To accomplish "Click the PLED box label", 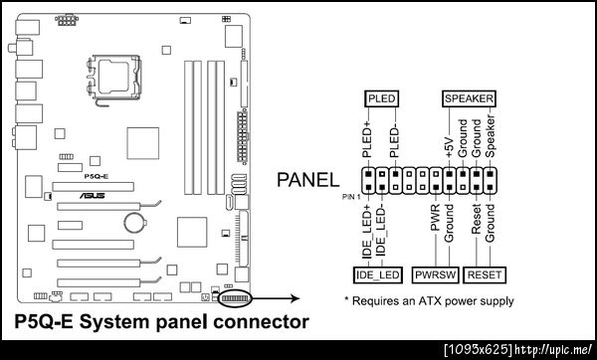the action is (x=381, y=98).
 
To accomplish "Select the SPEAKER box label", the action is (x=469, y=98).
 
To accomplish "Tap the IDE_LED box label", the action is (x=378, y=274).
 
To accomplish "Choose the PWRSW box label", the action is (x=435, y=274).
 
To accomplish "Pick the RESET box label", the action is (x=485, y=274).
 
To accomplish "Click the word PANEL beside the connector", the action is (x=308, y=180).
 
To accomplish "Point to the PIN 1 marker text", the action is (x=351, y=197).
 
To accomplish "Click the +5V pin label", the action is (x=450, y=147).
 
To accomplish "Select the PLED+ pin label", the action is (x=366, y=138).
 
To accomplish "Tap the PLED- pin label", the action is (x=395, y=142).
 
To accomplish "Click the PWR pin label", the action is (x=435, y=218).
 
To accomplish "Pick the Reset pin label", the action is (x=477, y=219).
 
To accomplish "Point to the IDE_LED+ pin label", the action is (x=366, y=232).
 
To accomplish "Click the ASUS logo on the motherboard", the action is (x=93, y=196).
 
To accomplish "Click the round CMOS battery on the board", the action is (x=134, y=222).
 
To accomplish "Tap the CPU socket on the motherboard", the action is (x=113, y=77).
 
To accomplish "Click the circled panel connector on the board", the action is (x=235, y=298).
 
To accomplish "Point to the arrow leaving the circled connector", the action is (x=276, y=298).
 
